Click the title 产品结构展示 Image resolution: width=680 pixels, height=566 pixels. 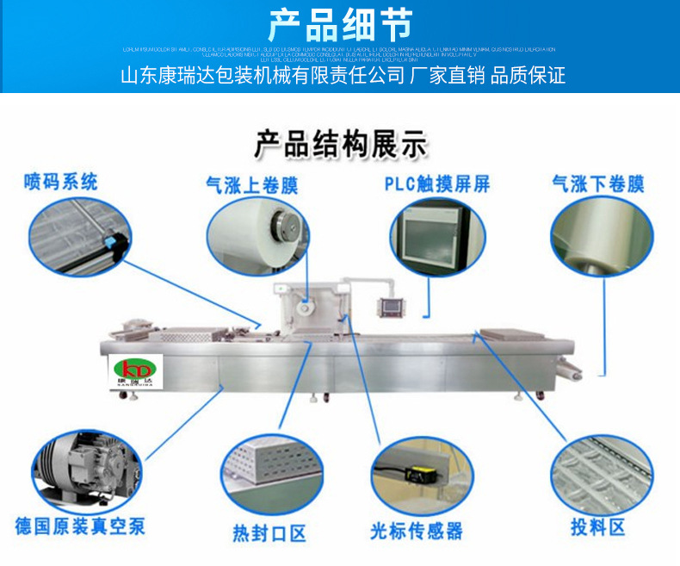coord(340,144)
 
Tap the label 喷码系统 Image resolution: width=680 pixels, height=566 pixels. coord(60,182)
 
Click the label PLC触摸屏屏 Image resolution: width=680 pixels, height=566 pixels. coord(436,183)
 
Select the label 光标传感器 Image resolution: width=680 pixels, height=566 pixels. coord(417,531)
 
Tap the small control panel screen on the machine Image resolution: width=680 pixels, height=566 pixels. coord(384,309)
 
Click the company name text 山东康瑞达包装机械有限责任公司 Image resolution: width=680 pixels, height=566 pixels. coord(262,76)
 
